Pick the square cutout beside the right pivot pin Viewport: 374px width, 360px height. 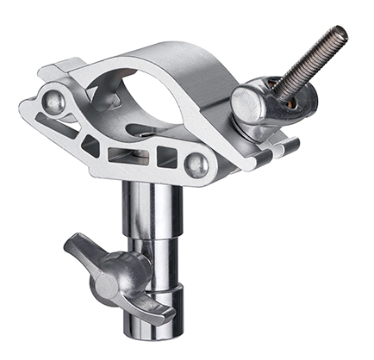(167, 157)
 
